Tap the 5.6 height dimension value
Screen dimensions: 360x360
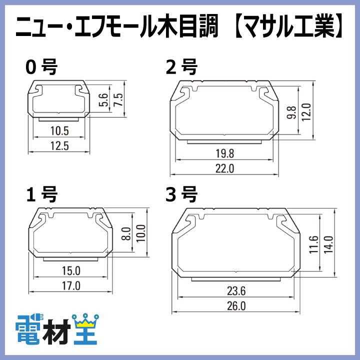(104, 100)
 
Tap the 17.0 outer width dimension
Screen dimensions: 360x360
(70, 286)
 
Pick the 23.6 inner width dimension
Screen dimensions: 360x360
(235, 290)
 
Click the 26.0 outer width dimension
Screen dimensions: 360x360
(235, 306)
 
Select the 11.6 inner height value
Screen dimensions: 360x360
(313, 245)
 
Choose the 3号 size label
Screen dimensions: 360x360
(181, 193)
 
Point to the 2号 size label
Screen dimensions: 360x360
(181, 66)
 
